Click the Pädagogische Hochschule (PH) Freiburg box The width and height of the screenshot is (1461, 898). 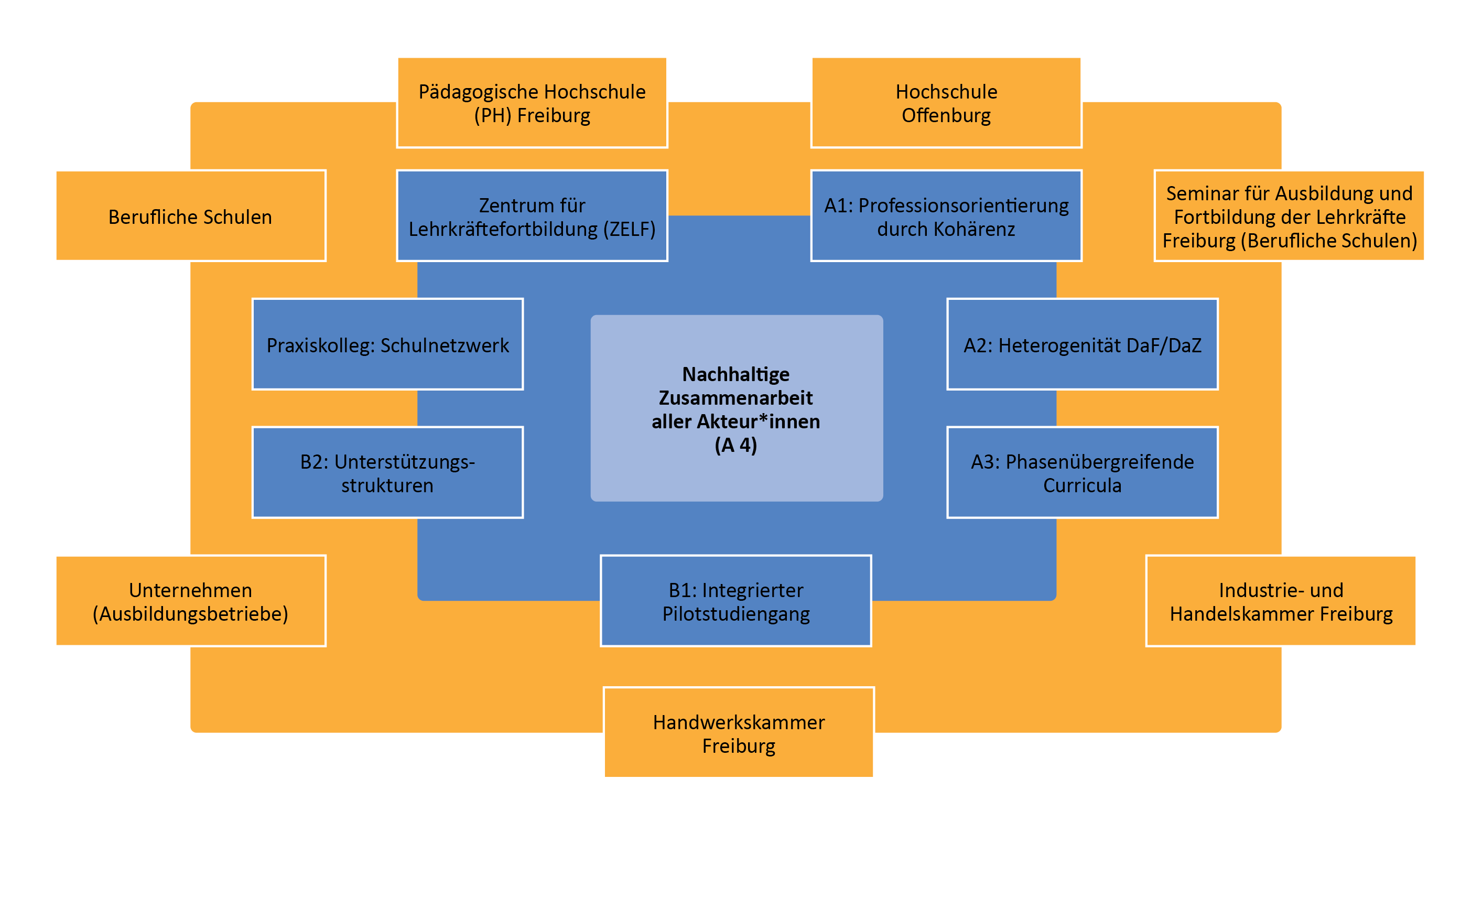532,103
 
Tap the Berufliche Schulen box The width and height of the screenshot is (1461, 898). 190,216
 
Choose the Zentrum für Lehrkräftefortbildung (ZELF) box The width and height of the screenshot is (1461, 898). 532,216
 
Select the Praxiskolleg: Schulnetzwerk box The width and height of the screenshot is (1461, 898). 387,344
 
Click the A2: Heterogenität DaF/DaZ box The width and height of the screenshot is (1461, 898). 1082,344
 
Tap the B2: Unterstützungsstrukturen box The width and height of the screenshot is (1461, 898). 387,473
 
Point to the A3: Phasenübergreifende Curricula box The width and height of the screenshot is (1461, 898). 1082,473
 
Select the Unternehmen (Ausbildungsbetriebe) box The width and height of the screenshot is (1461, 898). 190,601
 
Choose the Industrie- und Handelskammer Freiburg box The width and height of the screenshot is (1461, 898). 1281,601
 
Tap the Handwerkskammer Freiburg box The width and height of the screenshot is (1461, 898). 738,733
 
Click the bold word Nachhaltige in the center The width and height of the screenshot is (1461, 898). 735,374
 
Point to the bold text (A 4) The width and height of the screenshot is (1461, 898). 735,445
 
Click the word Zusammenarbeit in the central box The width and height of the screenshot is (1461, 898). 735,398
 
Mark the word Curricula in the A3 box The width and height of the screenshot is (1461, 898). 1082,485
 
